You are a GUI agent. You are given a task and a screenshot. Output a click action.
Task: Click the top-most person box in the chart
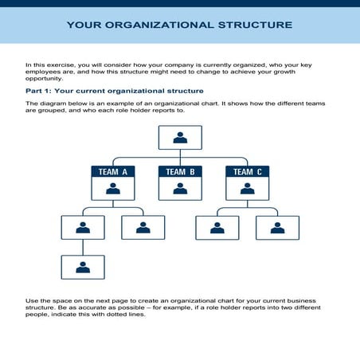(x=180, y=138)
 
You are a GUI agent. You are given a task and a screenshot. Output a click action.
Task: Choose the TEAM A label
(x=112, y=171)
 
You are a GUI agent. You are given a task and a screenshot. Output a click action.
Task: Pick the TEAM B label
(x=180, y=171)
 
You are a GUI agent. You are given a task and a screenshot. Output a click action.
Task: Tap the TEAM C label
(x=248, y=171)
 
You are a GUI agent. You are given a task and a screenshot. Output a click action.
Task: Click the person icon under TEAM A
(x=112, y=189)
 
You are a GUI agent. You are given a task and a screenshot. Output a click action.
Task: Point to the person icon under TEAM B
(x=180, y=189)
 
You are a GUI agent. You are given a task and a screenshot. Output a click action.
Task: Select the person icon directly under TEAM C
(x=248, y=189)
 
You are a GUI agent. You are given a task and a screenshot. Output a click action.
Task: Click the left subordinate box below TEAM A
(x=83, y=228)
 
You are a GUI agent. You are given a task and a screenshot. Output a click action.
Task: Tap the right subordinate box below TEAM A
(x=143, y=228)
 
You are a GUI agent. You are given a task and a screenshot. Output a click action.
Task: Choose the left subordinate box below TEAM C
(x=217, y=228)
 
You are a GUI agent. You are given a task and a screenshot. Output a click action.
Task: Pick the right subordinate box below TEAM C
(x=277, y=228)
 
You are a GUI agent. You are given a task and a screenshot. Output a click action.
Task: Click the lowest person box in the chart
(x=83, y=267)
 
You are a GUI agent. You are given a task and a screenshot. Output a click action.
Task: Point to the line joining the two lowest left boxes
(x=83, y=247)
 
